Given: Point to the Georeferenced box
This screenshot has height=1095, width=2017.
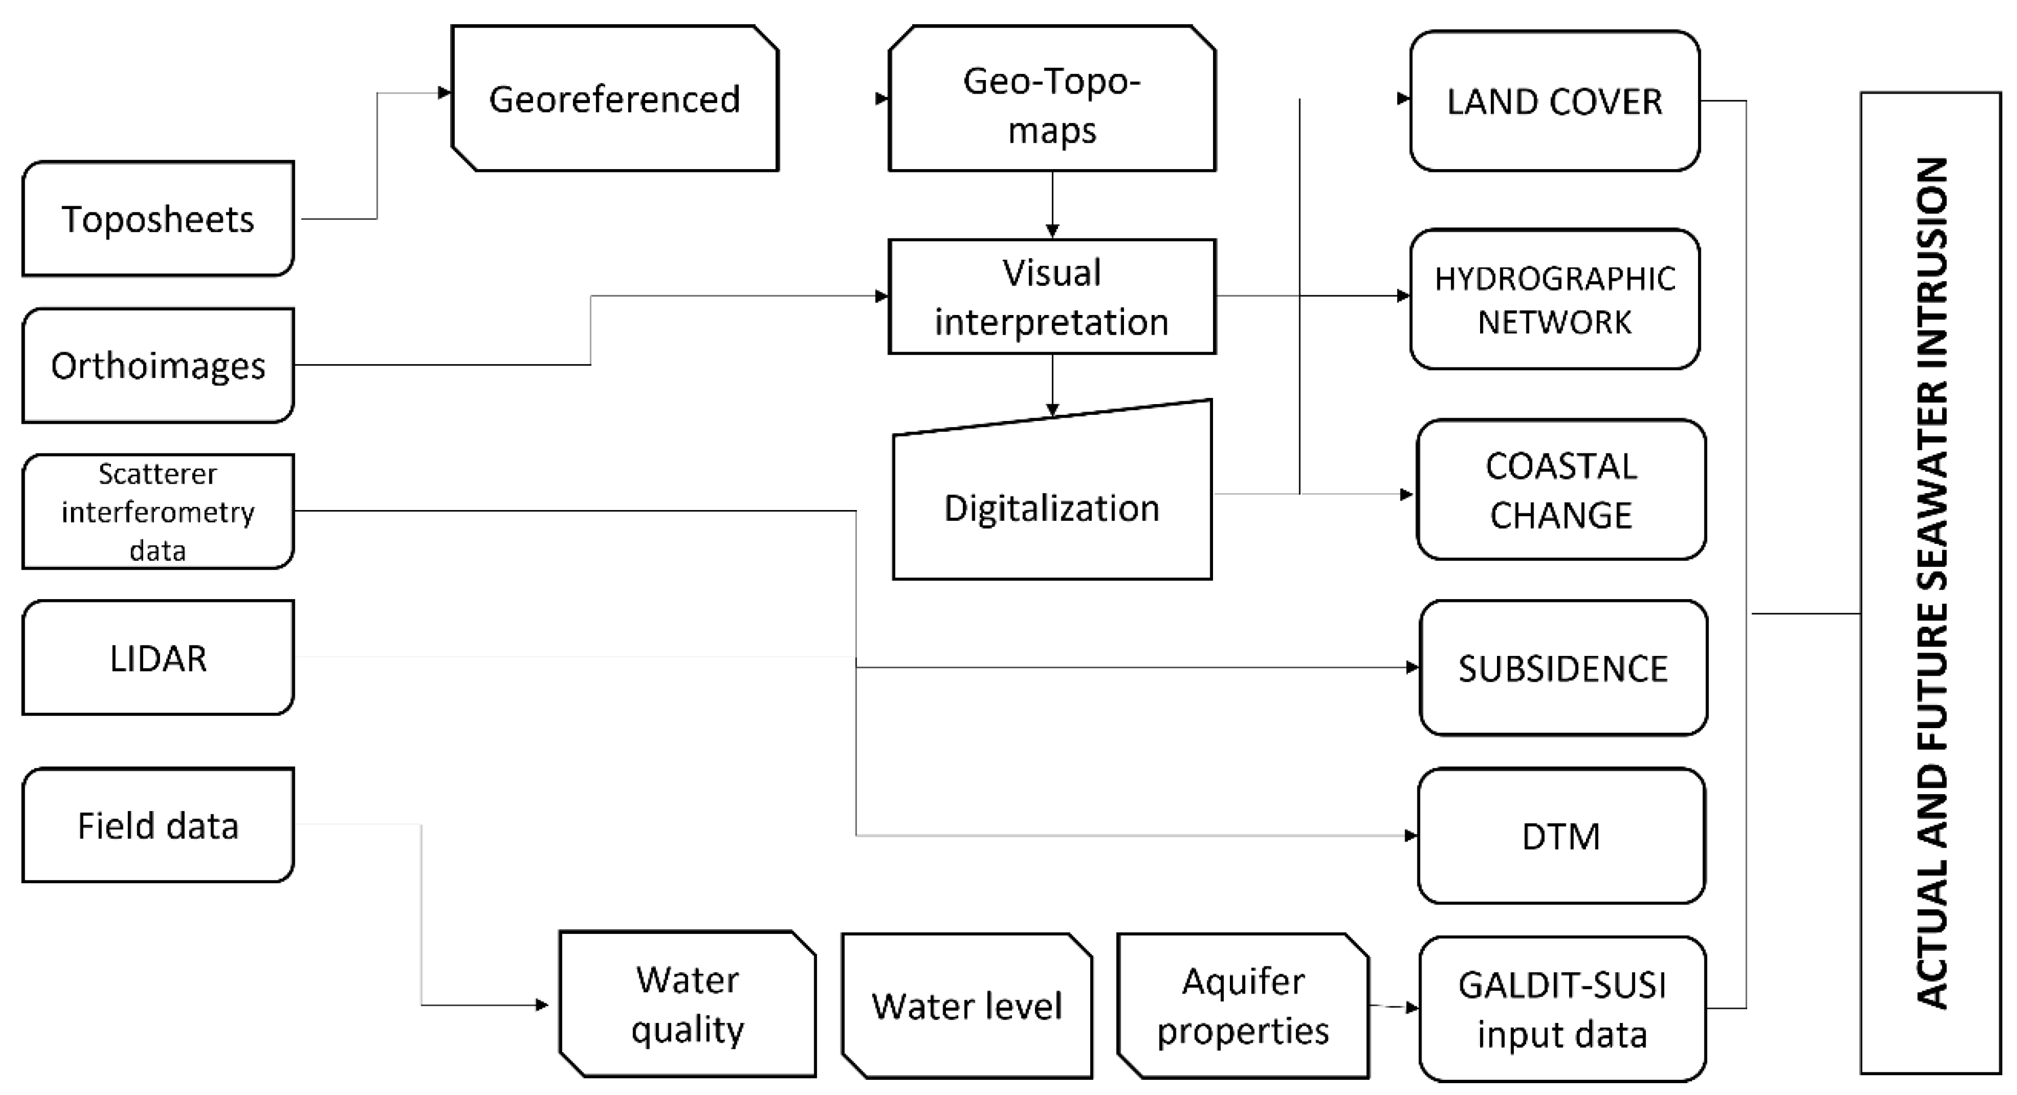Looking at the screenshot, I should point(615,99).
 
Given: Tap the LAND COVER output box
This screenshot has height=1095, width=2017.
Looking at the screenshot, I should point(1554,101).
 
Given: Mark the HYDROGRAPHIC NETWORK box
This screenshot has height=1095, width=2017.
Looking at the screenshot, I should point(1554,299).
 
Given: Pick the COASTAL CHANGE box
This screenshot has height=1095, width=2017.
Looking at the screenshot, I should point(1561,490).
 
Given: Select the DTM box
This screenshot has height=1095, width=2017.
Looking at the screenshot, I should point(1561,836).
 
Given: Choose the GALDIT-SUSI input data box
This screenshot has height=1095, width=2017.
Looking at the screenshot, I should point(1562,1009).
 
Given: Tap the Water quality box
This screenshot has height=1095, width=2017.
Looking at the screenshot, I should point(687,1004).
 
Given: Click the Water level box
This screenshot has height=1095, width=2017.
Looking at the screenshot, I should point(967,1006).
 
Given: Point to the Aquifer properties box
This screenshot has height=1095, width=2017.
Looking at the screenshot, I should point(1243,1006).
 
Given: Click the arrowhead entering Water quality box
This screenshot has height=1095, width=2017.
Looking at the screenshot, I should point(542,1005).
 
